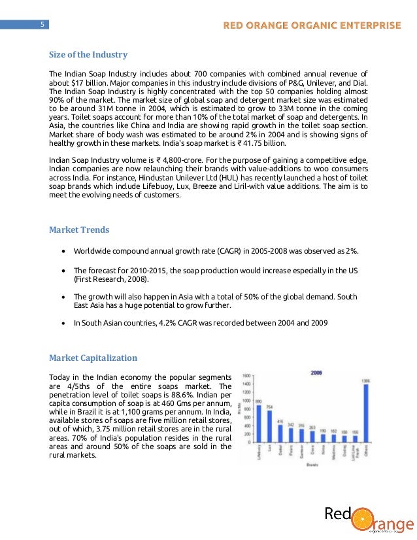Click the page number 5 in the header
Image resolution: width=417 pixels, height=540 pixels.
41,25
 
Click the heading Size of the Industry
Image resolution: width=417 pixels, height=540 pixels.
88,55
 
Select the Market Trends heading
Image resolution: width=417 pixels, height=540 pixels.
79,229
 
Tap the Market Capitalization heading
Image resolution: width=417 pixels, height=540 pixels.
93,358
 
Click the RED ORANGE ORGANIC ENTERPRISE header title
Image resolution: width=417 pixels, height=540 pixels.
312,25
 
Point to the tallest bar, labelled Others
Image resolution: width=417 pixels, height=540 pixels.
365,413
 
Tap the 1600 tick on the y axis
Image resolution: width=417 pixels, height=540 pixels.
247,376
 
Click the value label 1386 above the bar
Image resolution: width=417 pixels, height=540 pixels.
365,380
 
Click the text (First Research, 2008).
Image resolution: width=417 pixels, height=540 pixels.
111,279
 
